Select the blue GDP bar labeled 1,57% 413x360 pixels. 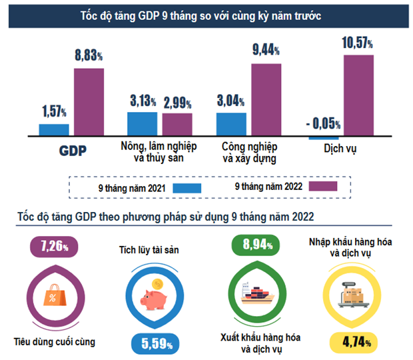[54, 129]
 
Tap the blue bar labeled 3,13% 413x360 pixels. [142, 123]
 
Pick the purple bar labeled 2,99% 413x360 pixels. [177, 124]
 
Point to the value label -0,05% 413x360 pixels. [322, 123]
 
